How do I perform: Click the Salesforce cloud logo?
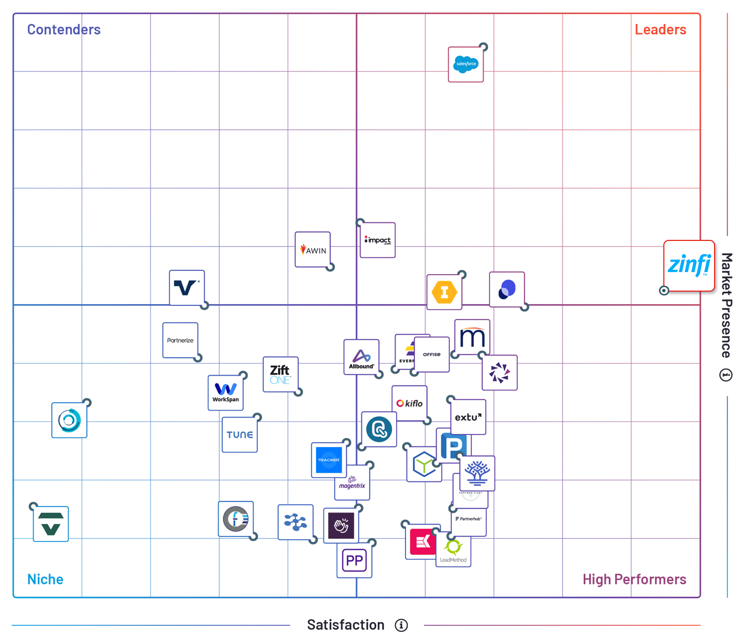465,64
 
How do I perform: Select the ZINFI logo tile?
689,265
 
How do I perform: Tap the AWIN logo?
312,250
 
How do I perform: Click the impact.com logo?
378,240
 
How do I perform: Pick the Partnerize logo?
180,340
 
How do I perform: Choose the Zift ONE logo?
280,374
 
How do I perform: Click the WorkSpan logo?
226,393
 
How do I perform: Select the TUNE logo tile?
240,434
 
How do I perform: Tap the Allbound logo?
361,358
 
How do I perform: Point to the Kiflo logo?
409,403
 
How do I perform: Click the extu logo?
468,417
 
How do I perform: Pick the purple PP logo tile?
354,560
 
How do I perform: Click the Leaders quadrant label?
660,29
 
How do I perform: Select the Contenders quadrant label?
64,29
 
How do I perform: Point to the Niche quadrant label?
45,579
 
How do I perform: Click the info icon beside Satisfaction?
401,625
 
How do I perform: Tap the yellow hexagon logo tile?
444,292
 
